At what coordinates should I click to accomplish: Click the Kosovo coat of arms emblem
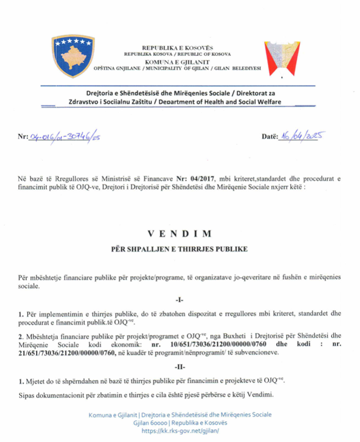(x=73, y=56)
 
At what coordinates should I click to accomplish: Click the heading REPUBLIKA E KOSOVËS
(x=177, y=48)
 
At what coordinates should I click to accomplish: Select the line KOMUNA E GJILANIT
(x=177, y=62)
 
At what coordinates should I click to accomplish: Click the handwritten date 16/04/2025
(x=299, y=136)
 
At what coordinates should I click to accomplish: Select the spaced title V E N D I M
(x=179, y=234)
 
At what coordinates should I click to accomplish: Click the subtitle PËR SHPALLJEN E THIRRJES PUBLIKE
(x=179, y=249)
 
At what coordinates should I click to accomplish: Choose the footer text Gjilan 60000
(x=150, y=423)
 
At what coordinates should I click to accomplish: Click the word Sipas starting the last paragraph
(x=27, y=394)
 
